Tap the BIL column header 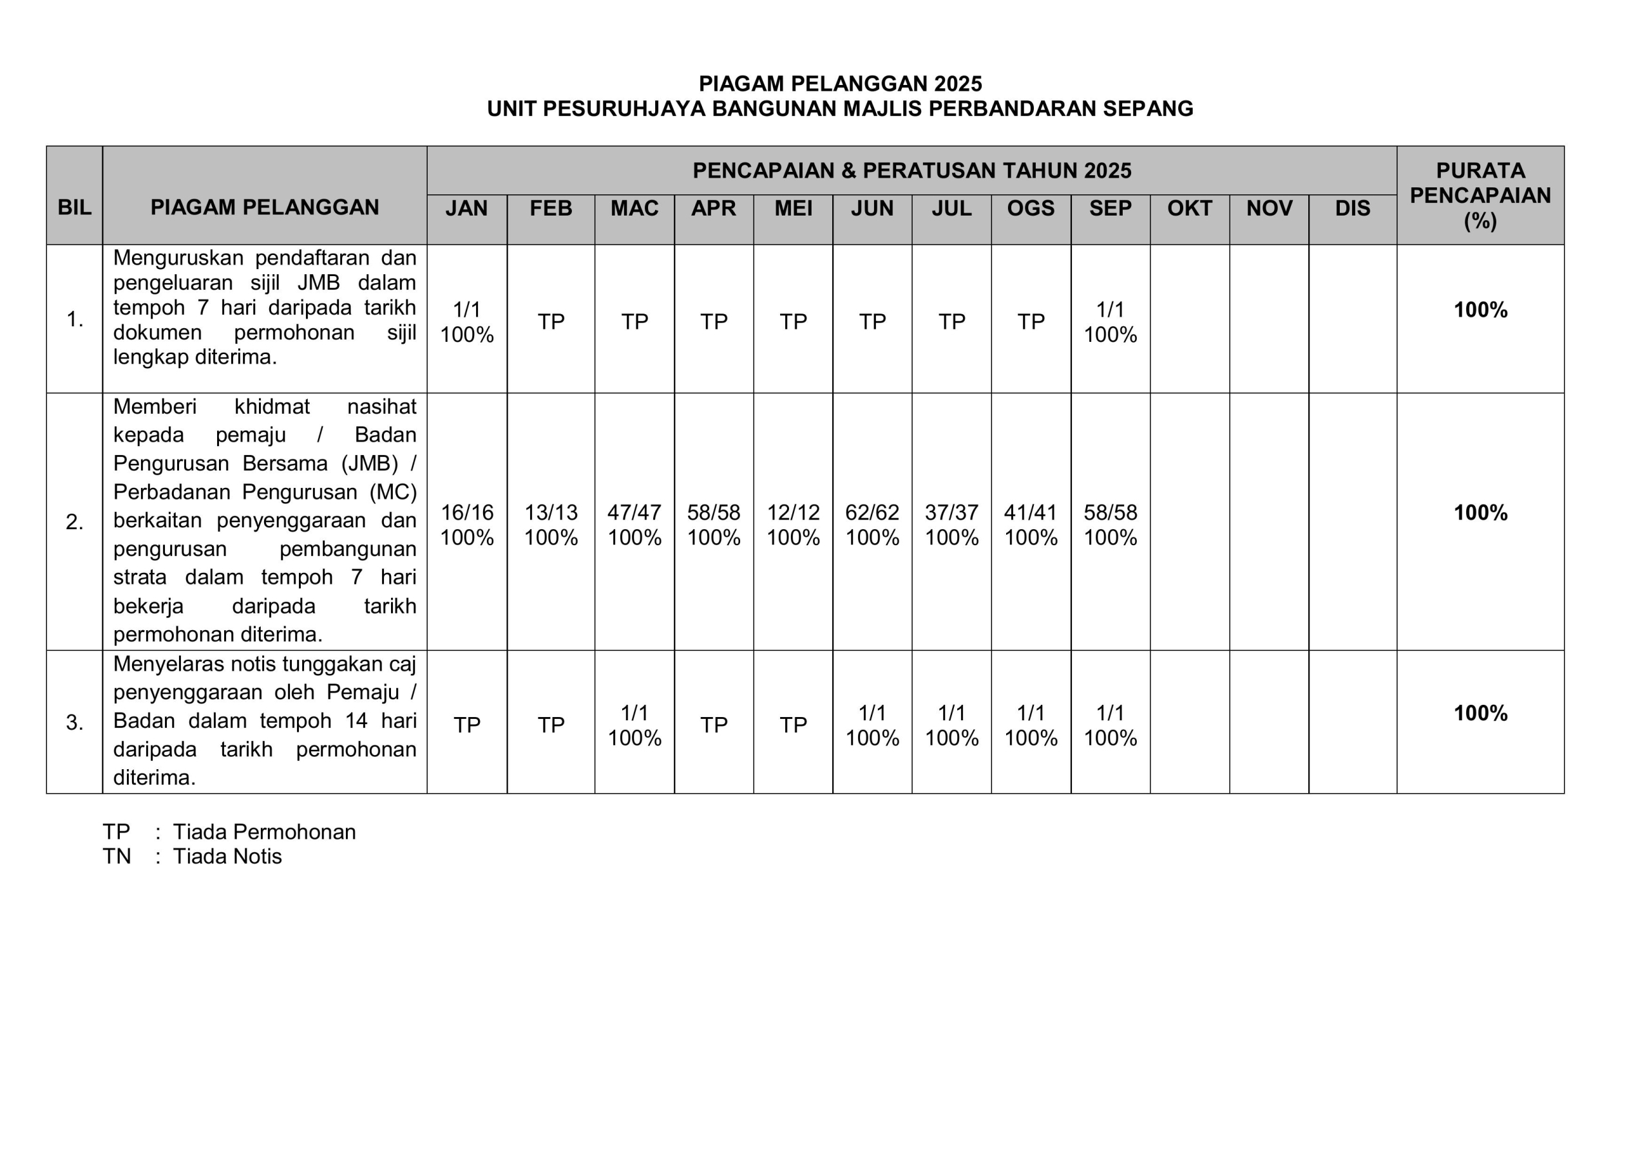point(74,207)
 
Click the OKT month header point(1189,208)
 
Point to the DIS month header point(1353,208)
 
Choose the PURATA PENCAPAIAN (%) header point(1480,195)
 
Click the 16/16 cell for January point(467,512)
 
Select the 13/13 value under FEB point(551,512)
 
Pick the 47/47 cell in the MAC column point(634,512)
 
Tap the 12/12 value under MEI point(793,512)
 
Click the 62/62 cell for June point(872,512)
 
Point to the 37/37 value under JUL point(951,512)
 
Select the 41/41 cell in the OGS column point(1031,512)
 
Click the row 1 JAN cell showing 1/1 point(467,310)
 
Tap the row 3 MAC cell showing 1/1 point(634,713)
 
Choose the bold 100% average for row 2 point(1480,512)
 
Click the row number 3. point(74,723)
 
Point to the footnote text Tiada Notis point(227,856)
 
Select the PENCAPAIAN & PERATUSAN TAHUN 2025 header point(911,171)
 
